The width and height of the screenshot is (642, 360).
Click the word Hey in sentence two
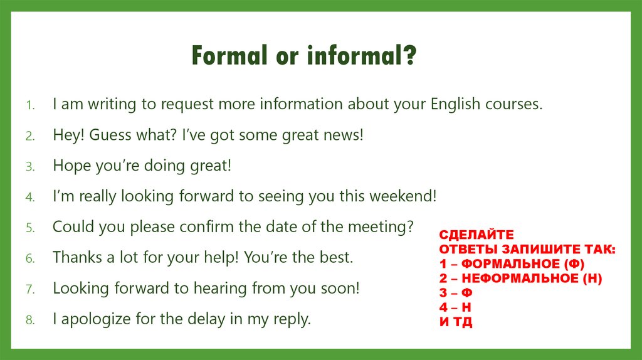68,135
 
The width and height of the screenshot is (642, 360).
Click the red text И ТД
456,322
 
